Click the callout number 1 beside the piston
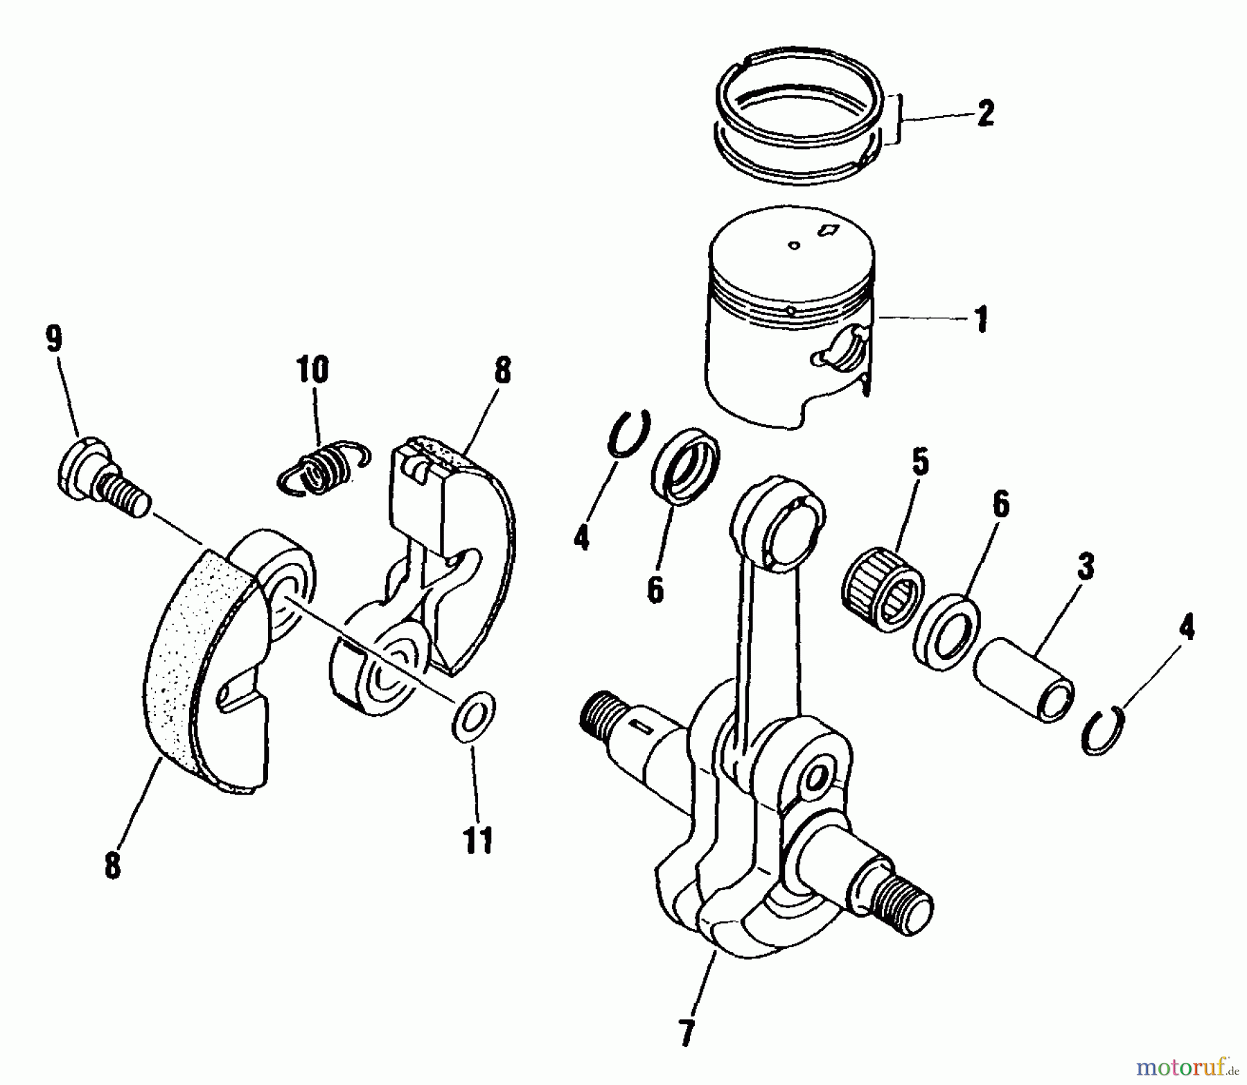point(981,320)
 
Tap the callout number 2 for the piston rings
point(985,114)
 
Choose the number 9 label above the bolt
point(53,339)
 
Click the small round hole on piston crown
point(795,245)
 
